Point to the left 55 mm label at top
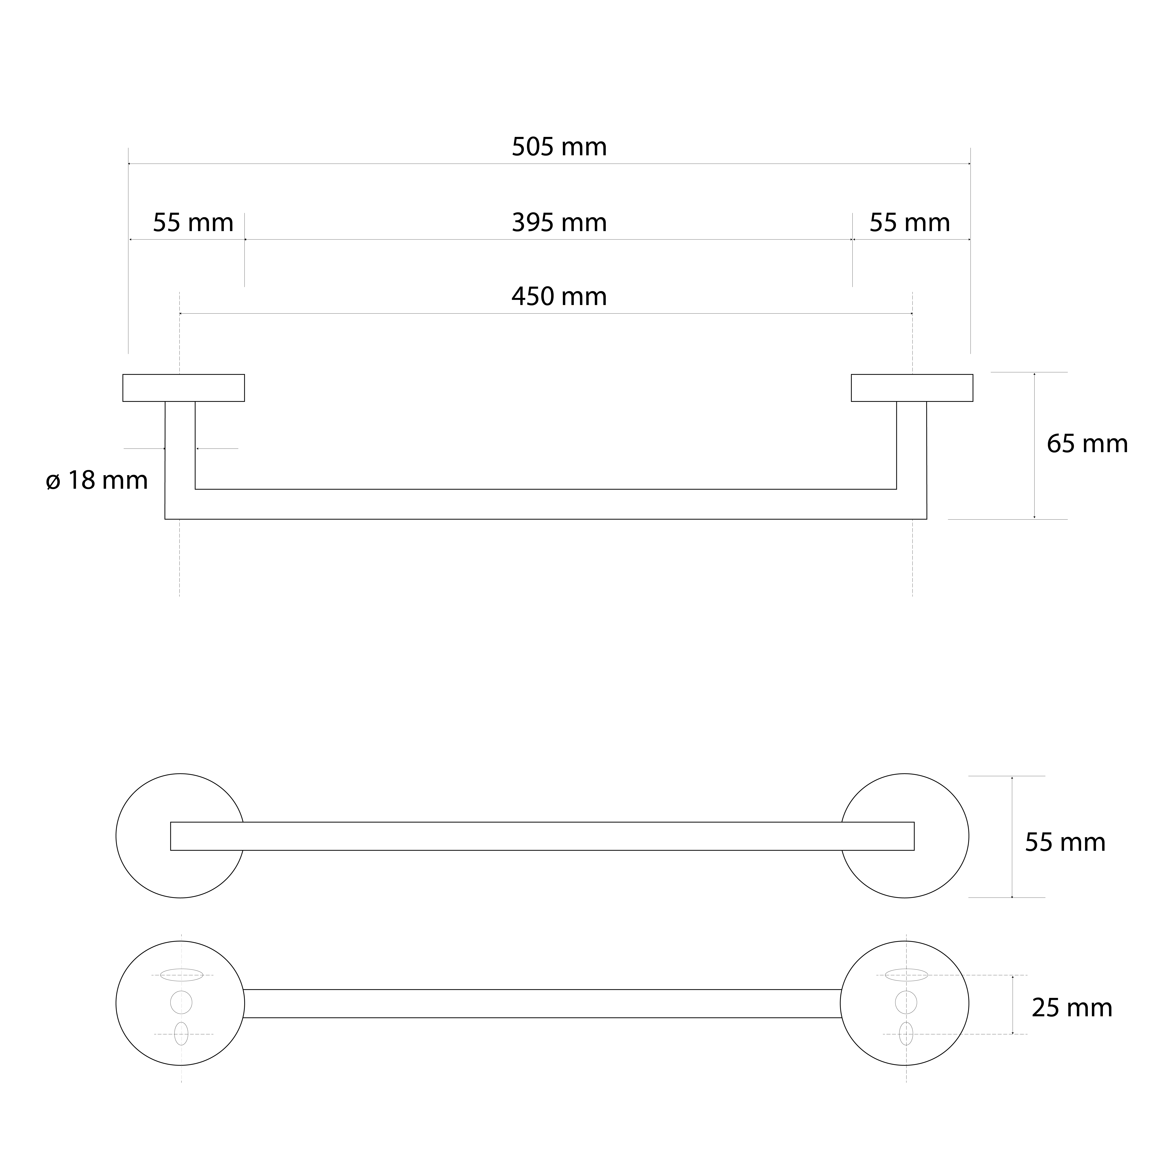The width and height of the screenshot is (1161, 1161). [193, 223]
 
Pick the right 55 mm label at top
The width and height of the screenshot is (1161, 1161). [910, 223]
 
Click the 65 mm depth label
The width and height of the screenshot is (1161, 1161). [1087, 444]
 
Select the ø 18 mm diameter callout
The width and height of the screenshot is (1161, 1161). [97, 480]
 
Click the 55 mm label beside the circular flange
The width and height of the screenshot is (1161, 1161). [1065, 842]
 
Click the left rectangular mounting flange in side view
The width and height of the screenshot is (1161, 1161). [183, 388]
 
